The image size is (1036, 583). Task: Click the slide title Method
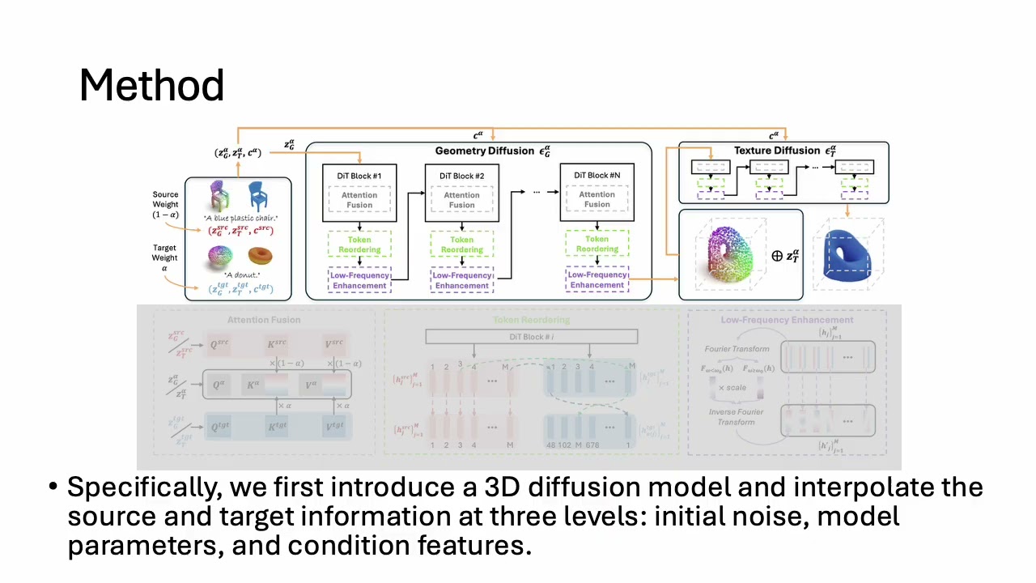point(151,85)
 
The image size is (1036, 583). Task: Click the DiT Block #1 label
point(359,176)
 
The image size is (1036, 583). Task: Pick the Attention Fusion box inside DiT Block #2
point(461,200)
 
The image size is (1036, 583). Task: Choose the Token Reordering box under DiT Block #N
point(597,244)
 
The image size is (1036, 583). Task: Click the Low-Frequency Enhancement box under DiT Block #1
point(359,280)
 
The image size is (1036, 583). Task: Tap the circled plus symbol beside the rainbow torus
point(777,256)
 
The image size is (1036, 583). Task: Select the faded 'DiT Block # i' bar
point(531,336)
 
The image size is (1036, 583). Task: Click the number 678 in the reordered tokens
point(592,445)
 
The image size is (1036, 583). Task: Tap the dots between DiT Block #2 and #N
point(536,192)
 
